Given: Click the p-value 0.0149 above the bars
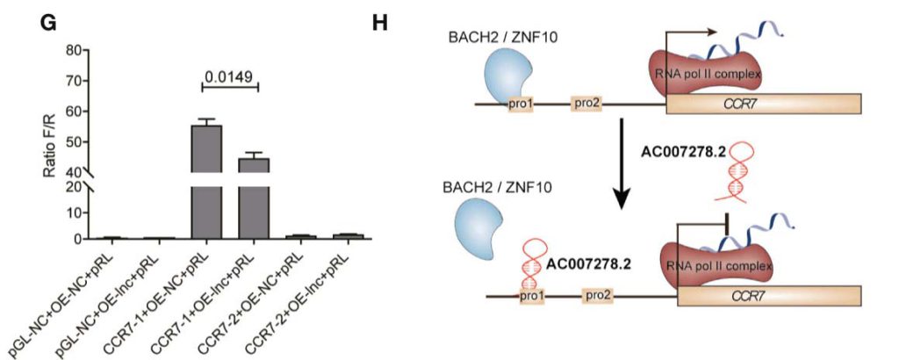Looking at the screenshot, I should click(229, 77).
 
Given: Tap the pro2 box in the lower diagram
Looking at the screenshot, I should click(596, 298).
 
